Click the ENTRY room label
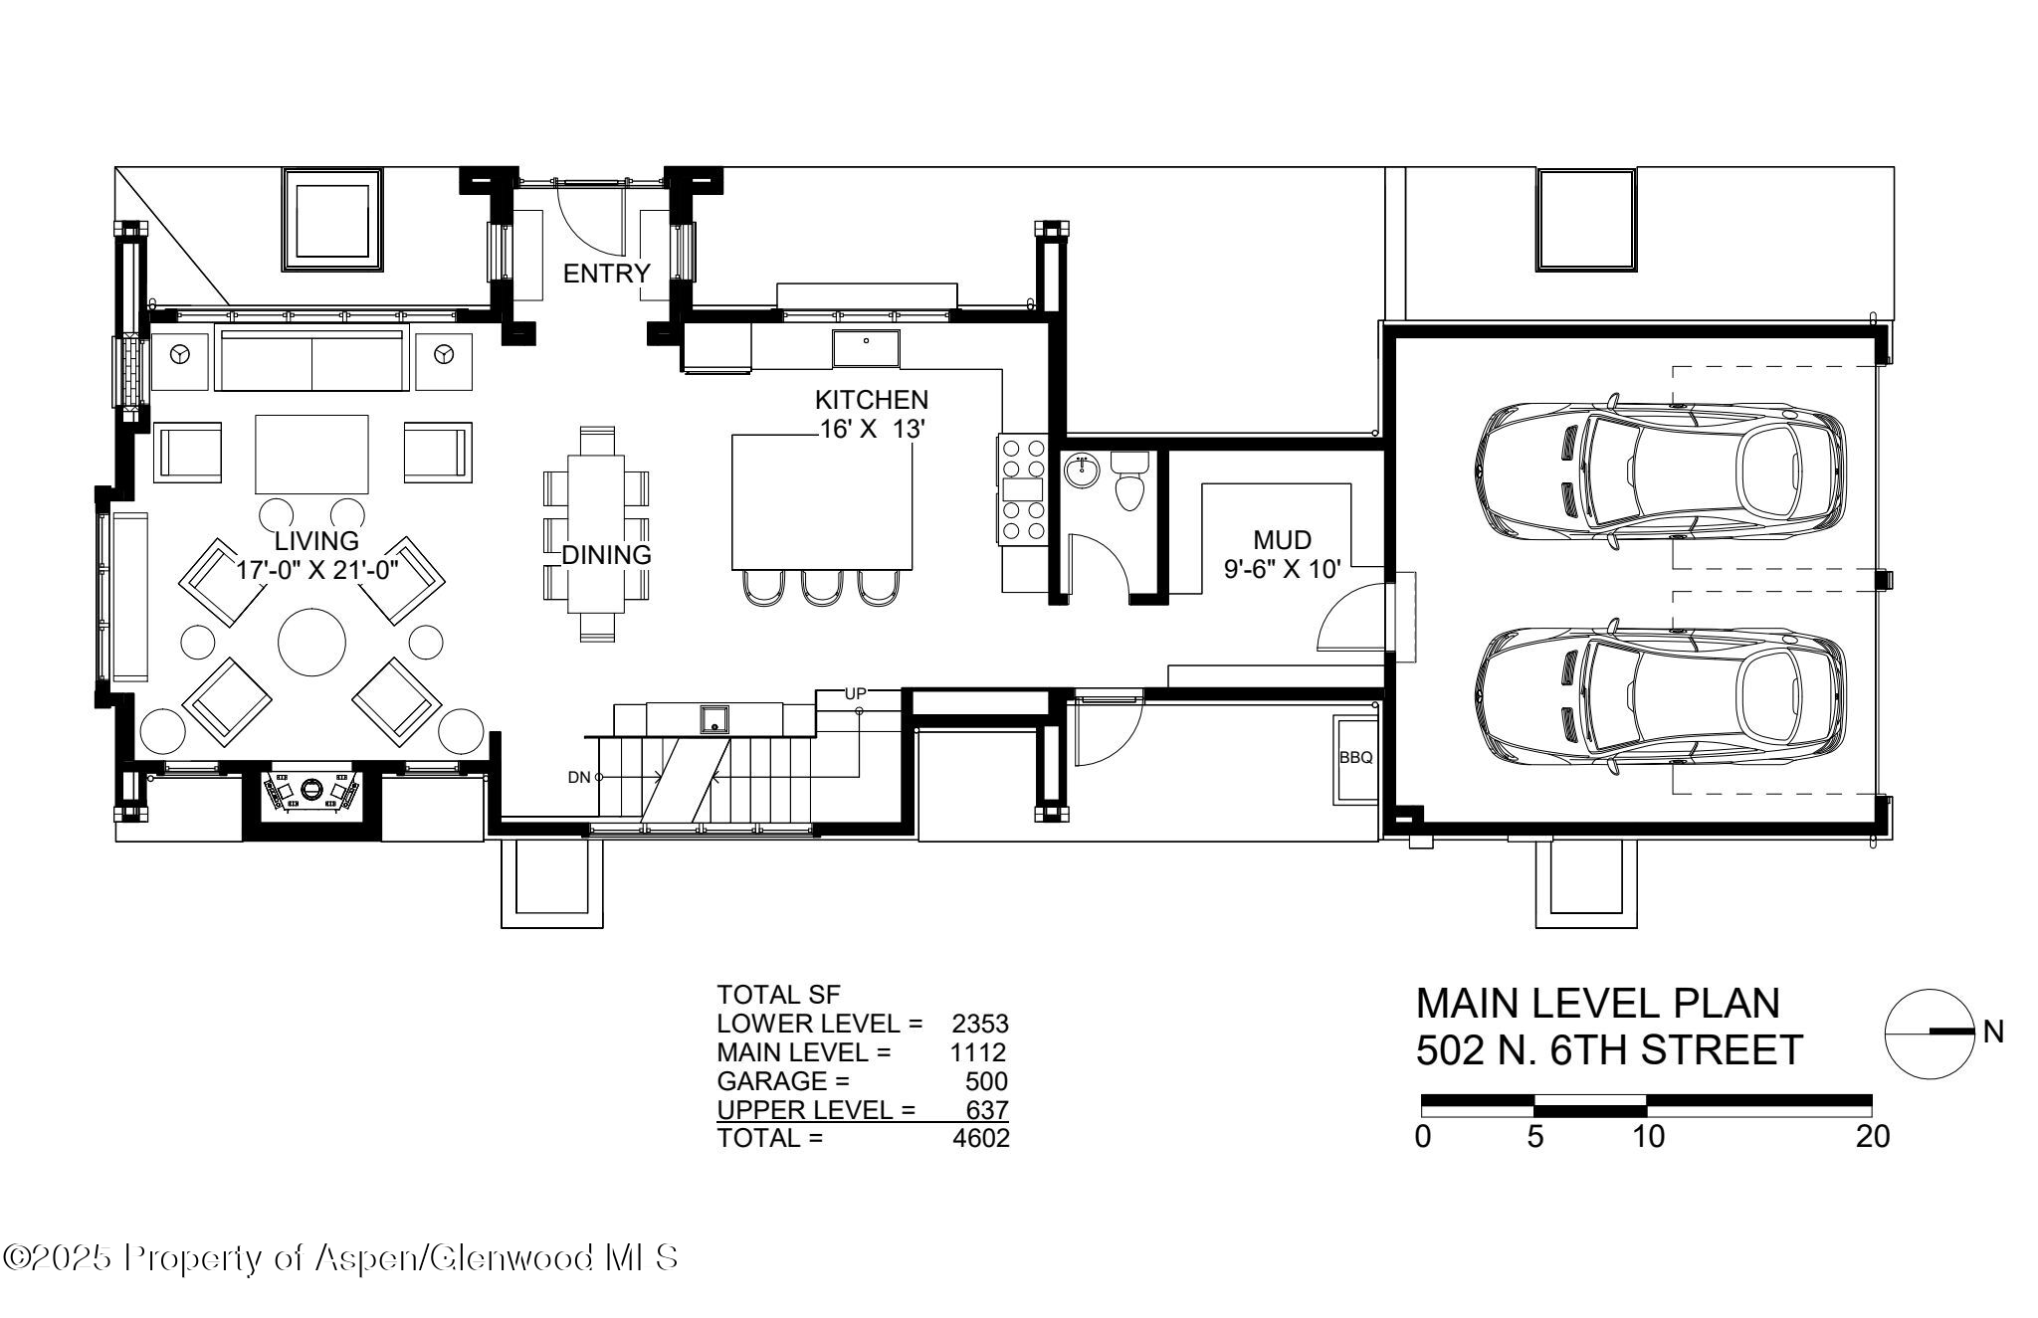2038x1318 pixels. tap(606, 274)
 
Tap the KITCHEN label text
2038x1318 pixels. tap(871, 400)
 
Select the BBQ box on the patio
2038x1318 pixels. tap(1355, 758)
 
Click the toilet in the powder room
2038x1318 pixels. tap(1128, 483)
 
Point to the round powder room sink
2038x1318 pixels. tap(1080, 471)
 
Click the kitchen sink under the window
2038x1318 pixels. tap(866, 348)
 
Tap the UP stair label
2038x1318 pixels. tap(856, 693)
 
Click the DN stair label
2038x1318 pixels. tap(579, 778)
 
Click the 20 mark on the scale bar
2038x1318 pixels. tap(1873, 1137)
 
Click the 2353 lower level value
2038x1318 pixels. tap(979, 1024)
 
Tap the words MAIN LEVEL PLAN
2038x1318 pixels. tap(1597, 1004)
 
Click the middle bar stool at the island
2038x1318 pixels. tap(821, 589)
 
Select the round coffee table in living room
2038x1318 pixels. tap(311, 642)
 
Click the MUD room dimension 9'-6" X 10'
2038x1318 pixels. tap(1282, 569)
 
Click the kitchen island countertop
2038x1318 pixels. tap(822, 502)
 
